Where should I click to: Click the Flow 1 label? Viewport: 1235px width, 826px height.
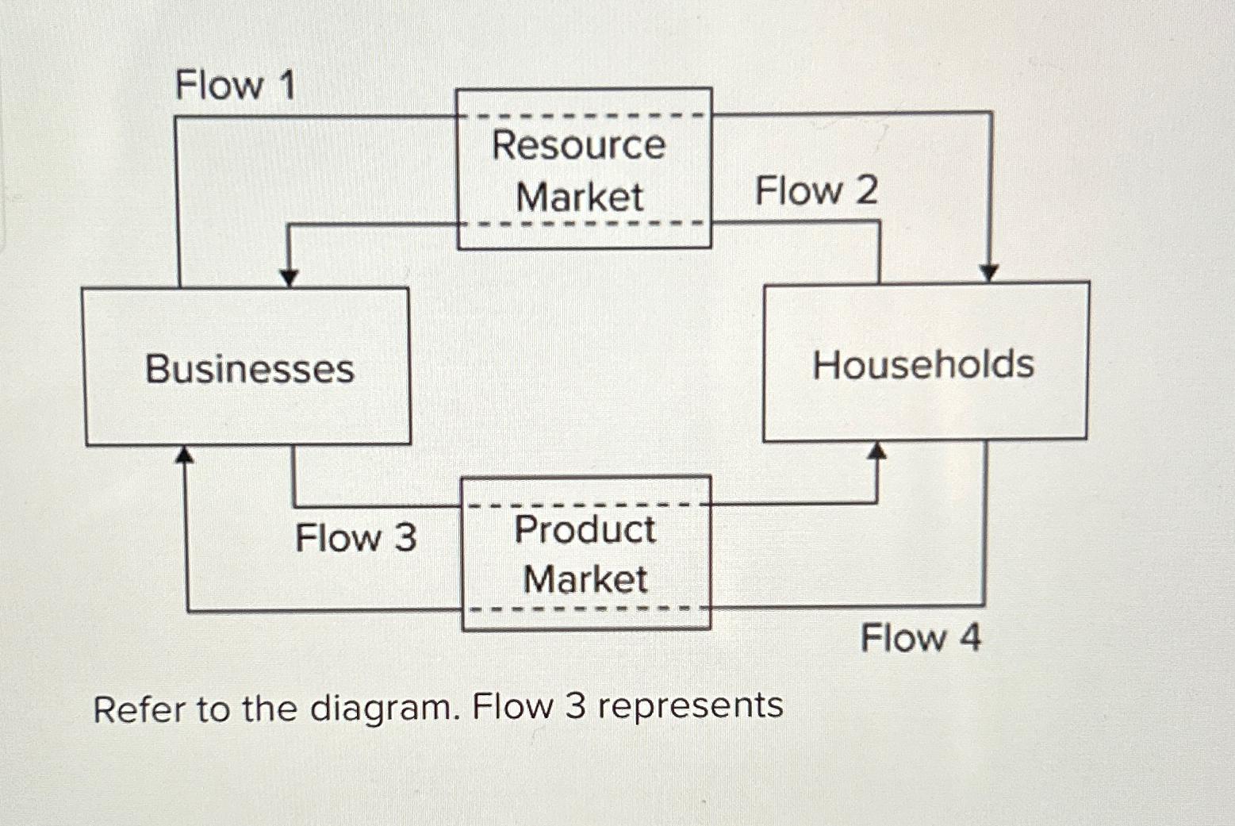[x=235, y=85]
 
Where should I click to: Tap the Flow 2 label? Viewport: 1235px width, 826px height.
[x=816, y=191]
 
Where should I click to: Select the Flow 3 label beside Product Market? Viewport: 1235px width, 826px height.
[x=355, y=538]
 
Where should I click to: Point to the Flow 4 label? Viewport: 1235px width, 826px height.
[x=920, y=638]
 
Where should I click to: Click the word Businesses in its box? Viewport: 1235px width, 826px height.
[x=249, y=369]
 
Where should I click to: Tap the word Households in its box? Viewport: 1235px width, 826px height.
[x=923, y=365]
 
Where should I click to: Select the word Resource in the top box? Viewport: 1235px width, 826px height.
[x=579, y=145]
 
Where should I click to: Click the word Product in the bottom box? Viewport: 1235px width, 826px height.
[x=585, y=529]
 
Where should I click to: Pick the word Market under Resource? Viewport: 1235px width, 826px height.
[x=579, y=197]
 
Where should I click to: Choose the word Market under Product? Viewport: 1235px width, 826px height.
[x=585, y=578]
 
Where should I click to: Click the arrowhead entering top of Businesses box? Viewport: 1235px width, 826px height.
[x=290, y=277]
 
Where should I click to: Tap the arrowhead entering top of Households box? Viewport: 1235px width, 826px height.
[x=988, y=272]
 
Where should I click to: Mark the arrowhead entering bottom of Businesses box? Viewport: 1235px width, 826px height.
[x=185, y=455]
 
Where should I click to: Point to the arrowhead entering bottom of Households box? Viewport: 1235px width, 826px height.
[x=876, y=451]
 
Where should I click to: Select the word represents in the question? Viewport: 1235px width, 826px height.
[x=689, y=705]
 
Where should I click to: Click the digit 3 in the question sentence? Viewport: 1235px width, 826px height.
[x=575, y=705]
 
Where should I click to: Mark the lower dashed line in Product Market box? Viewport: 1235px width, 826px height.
[x=586, y=609]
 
